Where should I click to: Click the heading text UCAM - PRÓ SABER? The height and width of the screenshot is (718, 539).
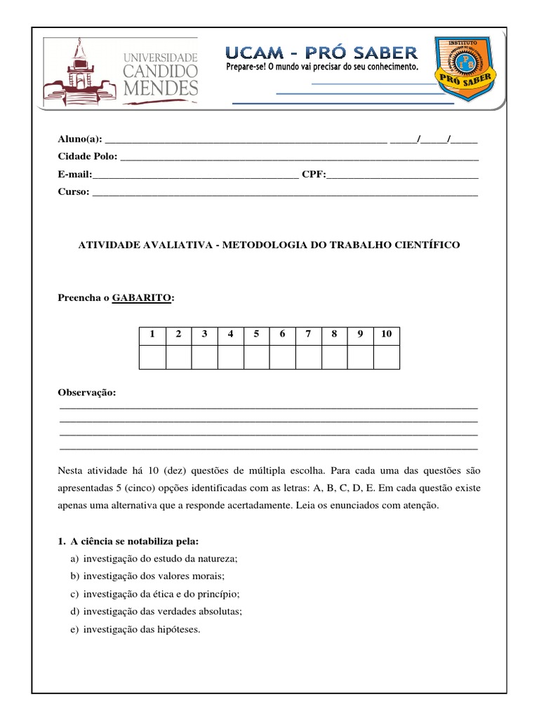pos(321,52)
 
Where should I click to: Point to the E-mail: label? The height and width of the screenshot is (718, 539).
pos(74,174)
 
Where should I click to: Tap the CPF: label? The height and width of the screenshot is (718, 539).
pos(314,174)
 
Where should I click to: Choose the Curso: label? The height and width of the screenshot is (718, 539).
pos(74,191)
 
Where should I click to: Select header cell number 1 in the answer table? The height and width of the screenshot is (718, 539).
pos(152,334)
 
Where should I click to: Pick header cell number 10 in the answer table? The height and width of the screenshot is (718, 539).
pos(386,334)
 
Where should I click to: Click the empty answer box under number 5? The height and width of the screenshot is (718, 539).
pos(256,357)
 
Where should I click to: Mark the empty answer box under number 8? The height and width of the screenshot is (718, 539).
pos(334,357)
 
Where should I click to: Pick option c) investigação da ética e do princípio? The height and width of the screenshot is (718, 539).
pos(161,594)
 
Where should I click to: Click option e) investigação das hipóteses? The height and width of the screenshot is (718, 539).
pos(141,629)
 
